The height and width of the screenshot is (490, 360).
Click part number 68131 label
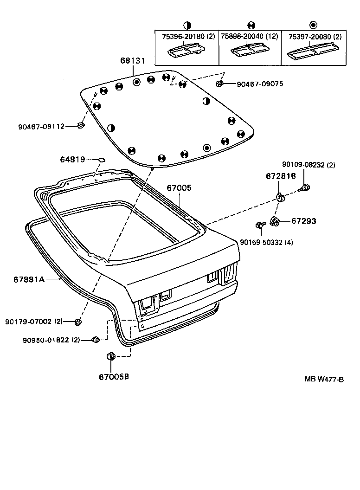(x=133, y=61)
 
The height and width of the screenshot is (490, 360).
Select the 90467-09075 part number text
(x=259, y=84)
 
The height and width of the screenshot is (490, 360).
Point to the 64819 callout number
(x=72, y=160)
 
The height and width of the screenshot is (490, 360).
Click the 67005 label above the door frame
(x=179, y=188)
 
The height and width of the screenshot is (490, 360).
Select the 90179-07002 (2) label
(x=34, y=321)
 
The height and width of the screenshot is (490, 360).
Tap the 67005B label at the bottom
(x=114, y=376)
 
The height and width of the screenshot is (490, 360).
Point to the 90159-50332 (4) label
(x=266, y=242)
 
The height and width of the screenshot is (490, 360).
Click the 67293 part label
(x=303, y=221)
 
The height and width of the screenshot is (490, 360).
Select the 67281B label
(x=281, y=176)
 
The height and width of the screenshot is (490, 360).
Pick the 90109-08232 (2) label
(x=309, y=165)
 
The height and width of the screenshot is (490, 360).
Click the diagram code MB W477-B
(x=324, y=379)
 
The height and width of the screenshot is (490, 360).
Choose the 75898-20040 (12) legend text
(x=250, y=36)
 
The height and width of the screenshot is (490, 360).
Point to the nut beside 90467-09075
(x=219, y=84)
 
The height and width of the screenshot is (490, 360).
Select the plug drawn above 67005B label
(x=111, y=356)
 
